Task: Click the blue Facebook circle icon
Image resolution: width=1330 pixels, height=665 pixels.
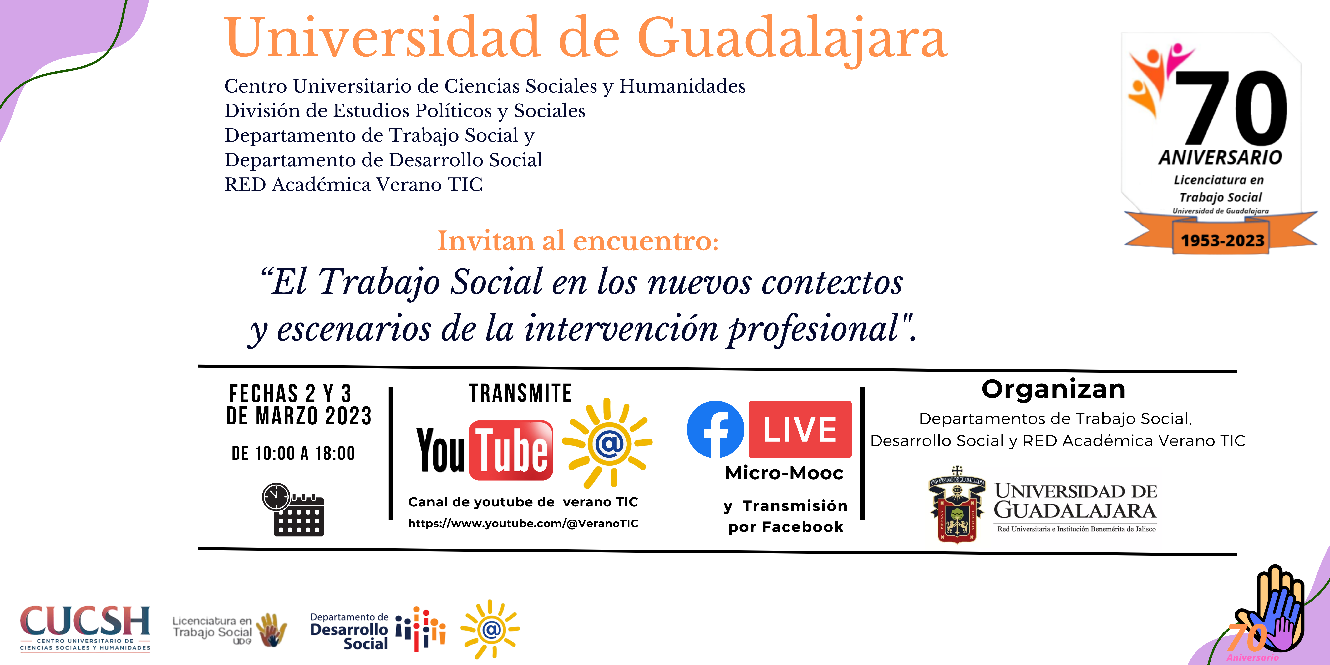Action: point(715,429)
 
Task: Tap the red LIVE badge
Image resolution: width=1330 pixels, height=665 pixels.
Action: point(800,429)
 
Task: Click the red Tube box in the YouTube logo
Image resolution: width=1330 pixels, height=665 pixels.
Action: point(511,450)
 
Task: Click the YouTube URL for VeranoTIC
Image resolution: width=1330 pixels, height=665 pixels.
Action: point(523,524)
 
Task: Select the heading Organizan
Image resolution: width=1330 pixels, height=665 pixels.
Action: point(1053,389)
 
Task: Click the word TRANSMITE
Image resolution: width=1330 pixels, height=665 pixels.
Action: point(520,393)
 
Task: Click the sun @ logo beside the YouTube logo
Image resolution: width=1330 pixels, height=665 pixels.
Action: point(607,443)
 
